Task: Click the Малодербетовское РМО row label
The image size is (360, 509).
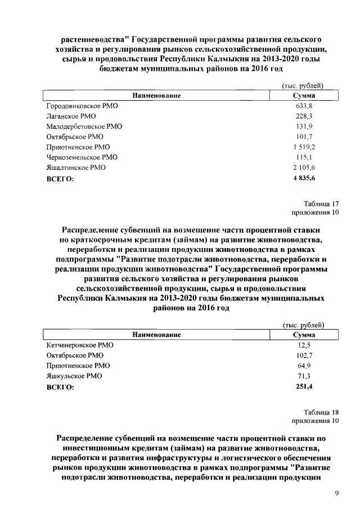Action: point(83,127)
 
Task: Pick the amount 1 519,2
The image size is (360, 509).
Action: point(304,147)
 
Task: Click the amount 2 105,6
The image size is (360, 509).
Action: point(304,168)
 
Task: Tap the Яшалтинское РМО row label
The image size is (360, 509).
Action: point(75,168)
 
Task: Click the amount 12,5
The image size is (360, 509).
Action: point(304,345)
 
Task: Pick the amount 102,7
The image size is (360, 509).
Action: point(304,355)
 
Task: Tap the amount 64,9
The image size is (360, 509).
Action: point(304,366)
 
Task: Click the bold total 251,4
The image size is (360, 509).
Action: point(304,386)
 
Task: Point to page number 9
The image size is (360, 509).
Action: point(336,493)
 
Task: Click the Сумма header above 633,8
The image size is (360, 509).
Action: point(304,96)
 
